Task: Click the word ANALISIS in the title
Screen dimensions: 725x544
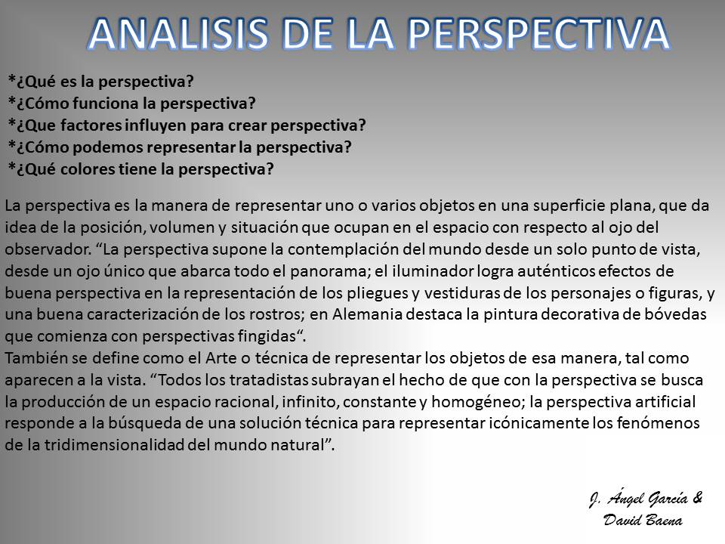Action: [x=178, y=33]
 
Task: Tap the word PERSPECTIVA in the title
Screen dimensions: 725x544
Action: [x=539, y=33]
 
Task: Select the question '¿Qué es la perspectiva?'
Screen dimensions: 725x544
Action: [x=100, y=82]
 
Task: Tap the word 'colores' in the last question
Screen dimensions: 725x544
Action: [x=88, y=168]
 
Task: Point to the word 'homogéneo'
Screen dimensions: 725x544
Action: [x=476, y=401]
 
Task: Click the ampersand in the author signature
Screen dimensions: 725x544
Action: [x=697, y=498]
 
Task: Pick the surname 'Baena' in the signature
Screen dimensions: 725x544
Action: [x=662, y=520]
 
